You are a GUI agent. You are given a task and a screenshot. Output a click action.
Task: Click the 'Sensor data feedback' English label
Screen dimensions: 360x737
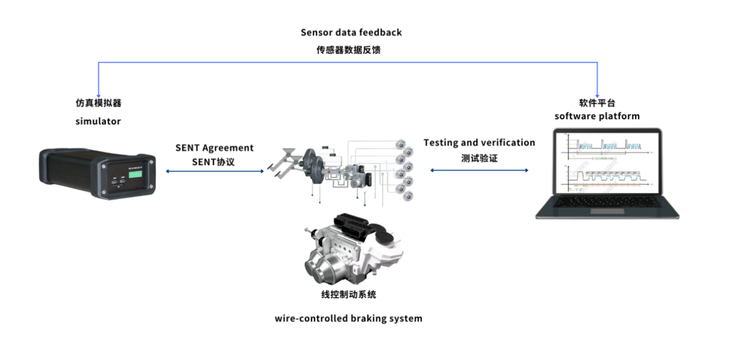coord(351,32)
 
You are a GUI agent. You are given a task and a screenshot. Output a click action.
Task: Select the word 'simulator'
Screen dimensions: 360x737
coord(98,122)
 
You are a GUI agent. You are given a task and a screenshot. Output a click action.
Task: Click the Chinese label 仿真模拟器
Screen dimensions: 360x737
coord(98,104)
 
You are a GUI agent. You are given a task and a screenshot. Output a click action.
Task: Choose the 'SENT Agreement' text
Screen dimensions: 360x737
coord(214,148)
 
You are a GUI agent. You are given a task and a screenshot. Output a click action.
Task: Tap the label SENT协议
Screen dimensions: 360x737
coord(214,162)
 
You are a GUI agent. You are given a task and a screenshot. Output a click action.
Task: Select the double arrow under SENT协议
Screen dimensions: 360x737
coord(214,171)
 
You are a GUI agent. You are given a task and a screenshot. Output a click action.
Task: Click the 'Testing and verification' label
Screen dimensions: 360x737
coord(479,142)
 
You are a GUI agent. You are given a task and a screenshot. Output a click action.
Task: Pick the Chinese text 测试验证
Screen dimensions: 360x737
coord(479,157)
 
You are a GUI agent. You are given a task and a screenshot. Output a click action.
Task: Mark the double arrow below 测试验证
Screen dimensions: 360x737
coord(479,170)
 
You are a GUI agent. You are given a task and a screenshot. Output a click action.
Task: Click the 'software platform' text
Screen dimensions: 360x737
coord(597,116)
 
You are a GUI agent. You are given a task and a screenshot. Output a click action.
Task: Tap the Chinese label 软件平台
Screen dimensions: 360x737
coord(597,103)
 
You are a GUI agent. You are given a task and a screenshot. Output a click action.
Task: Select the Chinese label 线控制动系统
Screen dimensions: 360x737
coord(348,295)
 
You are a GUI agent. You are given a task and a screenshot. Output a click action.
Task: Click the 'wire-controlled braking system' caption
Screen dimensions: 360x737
coord(348,318)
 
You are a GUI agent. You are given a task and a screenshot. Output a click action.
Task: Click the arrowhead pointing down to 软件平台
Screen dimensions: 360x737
coord(598,94)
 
